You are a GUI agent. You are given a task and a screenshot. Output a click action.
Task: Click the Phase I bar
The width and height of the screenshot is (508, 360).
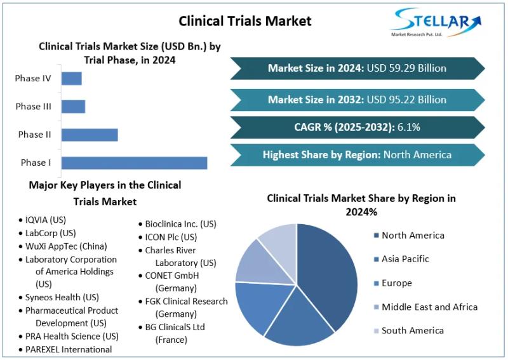click(134, 163)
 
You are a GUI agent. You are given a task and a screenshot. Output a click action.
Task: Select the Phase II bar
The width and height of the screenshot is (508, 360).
click(90, 135)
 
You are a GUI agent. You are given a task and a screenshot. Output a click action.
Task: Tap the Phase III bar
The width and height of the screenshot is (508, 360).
click(73, 107)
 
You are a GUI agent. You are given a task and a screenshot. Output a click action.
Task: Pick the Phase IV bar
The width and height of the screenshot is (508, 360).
click(72, 79)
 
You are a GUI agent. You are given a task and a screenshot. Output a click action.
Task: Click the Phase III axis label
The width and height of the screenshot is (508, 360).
click(34, 107)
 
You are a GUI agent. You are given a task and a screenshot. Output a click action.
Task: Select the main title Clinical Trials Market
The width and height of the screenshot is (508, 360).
click(245, 21)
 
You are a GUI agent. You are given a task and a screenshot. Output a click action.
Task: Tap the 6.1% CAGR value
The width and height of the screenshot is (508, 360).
click(409, 127)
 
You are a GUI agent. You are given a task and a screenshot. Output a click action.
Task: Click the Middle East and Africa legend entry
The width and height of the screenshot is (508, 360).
click(429, 307)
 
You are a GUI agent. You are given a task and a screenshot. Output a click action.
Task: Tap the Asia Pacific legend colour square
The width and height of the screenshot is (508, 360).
click(376, 260)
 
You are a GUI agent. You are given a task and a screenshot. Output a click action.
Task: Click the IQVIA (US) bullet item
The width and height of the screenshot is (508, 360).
click(45, 220)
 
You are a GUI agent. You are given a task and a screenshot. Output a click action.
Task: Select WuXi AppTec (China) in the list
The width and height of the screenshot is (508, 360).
click(66, 246)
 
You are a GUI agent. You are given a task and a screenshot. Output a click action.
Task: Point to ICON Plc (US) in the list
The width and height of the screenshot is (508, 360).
click(171, 237)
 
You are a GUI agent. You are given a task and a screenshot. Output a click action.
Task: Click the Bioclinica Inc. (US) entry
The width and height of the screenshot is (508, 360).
click(180, 224)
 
